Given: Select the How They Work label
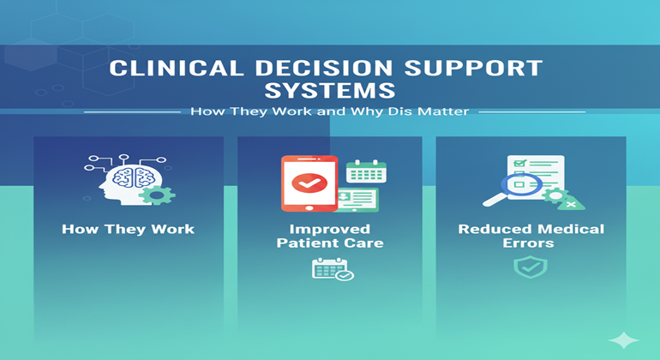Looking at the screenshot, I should pyautogui.click(x=128, y=230).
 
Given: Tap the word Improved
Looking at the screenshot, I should pyautogui.click(x=330, y=230).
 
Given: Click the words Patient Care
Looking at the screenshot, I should pyautogui.click(x=330, y=243).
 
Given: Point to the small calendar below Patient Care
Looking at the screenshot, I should pyautogui.click(x=331, y=270).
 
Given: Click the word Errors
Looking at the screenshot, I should pyautogui.click(x=531, y=243).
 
